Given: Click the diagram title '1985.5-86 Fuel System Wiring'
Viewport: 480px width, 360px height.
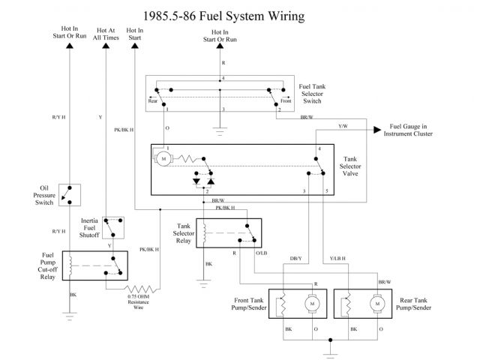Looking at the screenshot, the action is (223, 16).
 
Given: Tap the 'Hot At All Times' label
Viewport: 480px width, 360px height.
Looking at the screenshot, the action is (106, 34).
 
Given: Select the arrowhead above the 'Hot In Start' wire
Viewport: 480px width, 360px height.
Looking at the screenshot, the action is (135, 46).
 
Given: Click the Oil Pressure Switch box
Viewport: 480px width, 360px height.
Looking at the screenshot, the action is (70, 195).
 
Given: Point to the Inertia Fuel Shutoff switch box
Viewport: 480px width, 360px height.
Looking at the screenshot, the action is (113, 228).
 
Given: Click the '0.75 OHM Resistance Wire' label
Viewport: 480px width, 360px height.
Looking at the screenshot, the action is (138, 301).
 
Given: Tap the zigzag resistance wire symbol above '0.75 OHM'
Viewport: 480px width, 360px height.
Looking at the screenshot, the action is (142, 289).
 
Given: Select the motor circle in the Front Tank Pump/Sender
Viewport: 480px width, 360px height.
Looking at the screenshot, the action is (312, 304).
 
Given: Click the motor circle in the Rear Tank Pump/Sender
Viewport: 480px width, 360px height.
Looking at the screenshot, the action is (377, 304).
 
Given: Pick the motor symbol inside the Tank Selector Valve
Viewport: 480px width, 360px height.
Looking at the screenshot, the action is (163, 159).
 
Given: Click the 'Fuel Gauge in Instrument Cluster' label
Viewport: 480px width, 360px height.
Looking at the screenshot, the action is (408, 130).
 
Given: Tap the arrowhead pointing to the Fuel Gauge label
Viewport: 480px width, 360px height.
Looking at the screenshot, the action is (377, 130).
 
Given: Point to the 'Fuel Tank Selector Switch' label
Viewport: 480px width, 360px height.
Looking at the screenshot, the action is (312, 94).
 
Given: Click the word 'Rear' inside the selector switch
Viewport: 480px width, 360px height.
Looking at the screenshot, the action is (153, 101).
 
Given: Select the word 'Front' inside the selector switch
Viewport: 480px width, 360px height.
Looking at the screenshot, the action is (286, 100).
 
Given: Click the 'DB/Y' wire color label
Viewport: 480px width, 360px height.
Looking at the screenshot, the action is (295, 259).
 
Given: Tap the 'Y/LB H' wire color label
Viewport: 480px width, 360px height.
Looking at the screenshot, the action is (337, 259).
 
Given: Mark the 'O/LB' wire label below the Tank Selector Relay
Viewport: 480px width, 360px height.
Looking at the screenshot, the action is (262, 253).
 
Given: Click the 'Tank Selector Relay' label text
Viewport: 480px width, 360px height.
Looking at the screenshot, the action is (184, 233).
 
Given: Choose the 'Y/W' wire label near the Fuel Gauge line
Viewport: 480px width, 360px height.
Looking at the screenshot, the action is (343, 126).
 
